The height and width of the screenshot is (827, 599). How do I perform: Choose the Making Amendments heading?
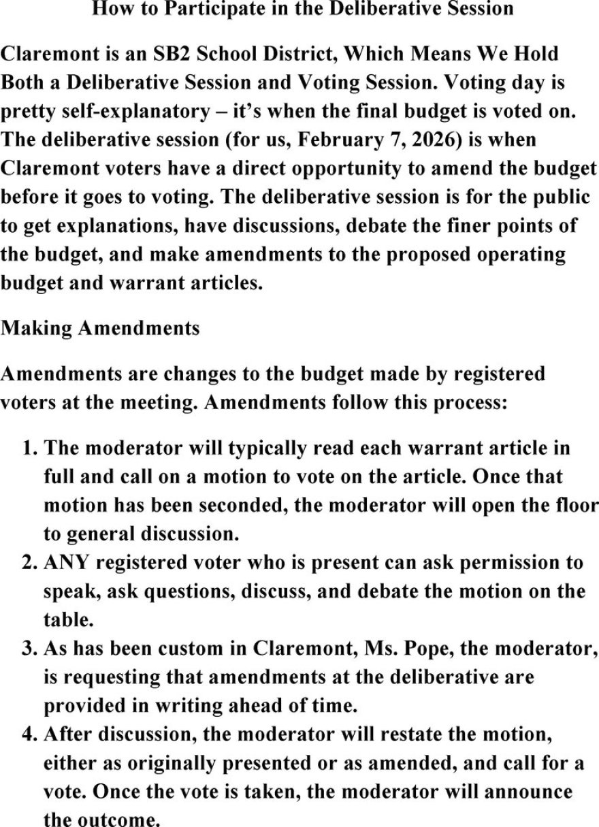click(x=101, y=328)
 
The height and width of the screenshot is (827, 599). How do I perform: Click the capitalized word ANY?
click(x=65, y=563)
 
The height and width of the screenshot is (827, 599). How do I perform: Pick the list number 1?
click(x=29, y=448)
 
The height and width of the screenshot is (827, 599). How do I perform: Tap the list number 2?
click(x=29, y=563)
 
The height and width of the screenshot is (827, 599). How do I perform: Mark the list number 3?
click(x=29, y=649)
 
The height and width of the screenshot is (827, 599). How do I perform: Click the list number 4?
click(x=29, y=735)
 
